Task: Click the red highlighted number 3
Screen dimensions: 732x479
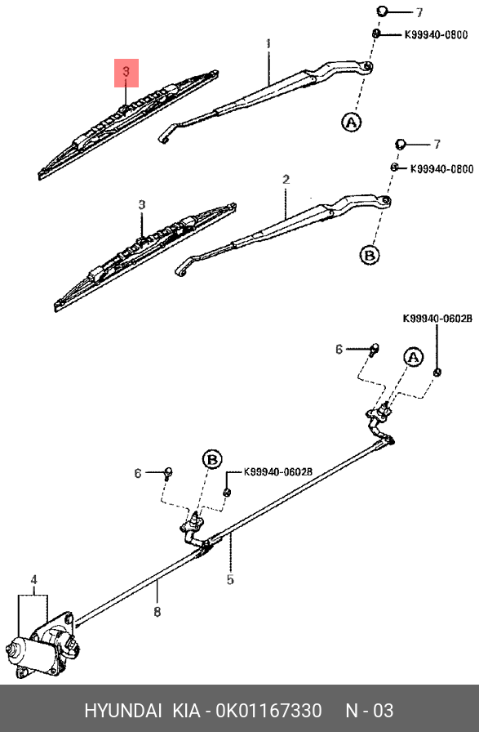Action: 126,73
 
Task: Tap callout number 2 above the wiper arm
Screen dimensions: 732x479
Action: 286,179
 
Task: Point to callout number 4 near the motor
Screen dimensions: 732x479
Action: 34,581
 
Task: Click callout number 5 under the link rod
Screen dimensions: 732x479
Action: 230,580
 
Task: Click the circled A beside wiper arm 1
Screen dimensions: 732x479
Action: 350,123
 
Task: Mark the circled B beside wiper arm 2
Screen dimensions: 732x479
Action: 370,255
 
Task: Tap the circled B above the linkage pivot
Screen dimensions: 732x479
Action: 211,460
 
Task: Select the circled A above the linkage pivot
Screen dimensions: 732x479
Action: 413,357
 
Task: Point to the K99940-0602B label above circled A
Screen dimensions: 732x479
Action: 437,319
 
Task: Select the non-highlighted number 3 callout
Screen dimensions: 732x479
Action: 141,204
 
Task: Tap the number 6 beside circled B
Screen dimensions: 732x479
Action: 139,473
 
